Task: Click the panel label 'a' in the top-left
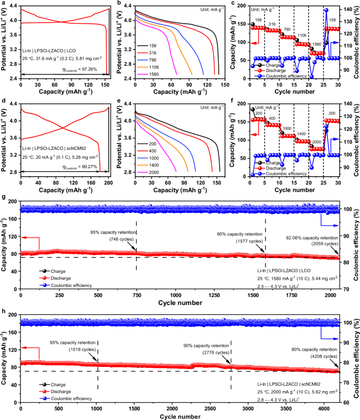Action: (x=4, y=4)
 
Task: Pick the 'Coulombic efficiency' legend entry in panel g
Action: (x=70, y=285)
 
